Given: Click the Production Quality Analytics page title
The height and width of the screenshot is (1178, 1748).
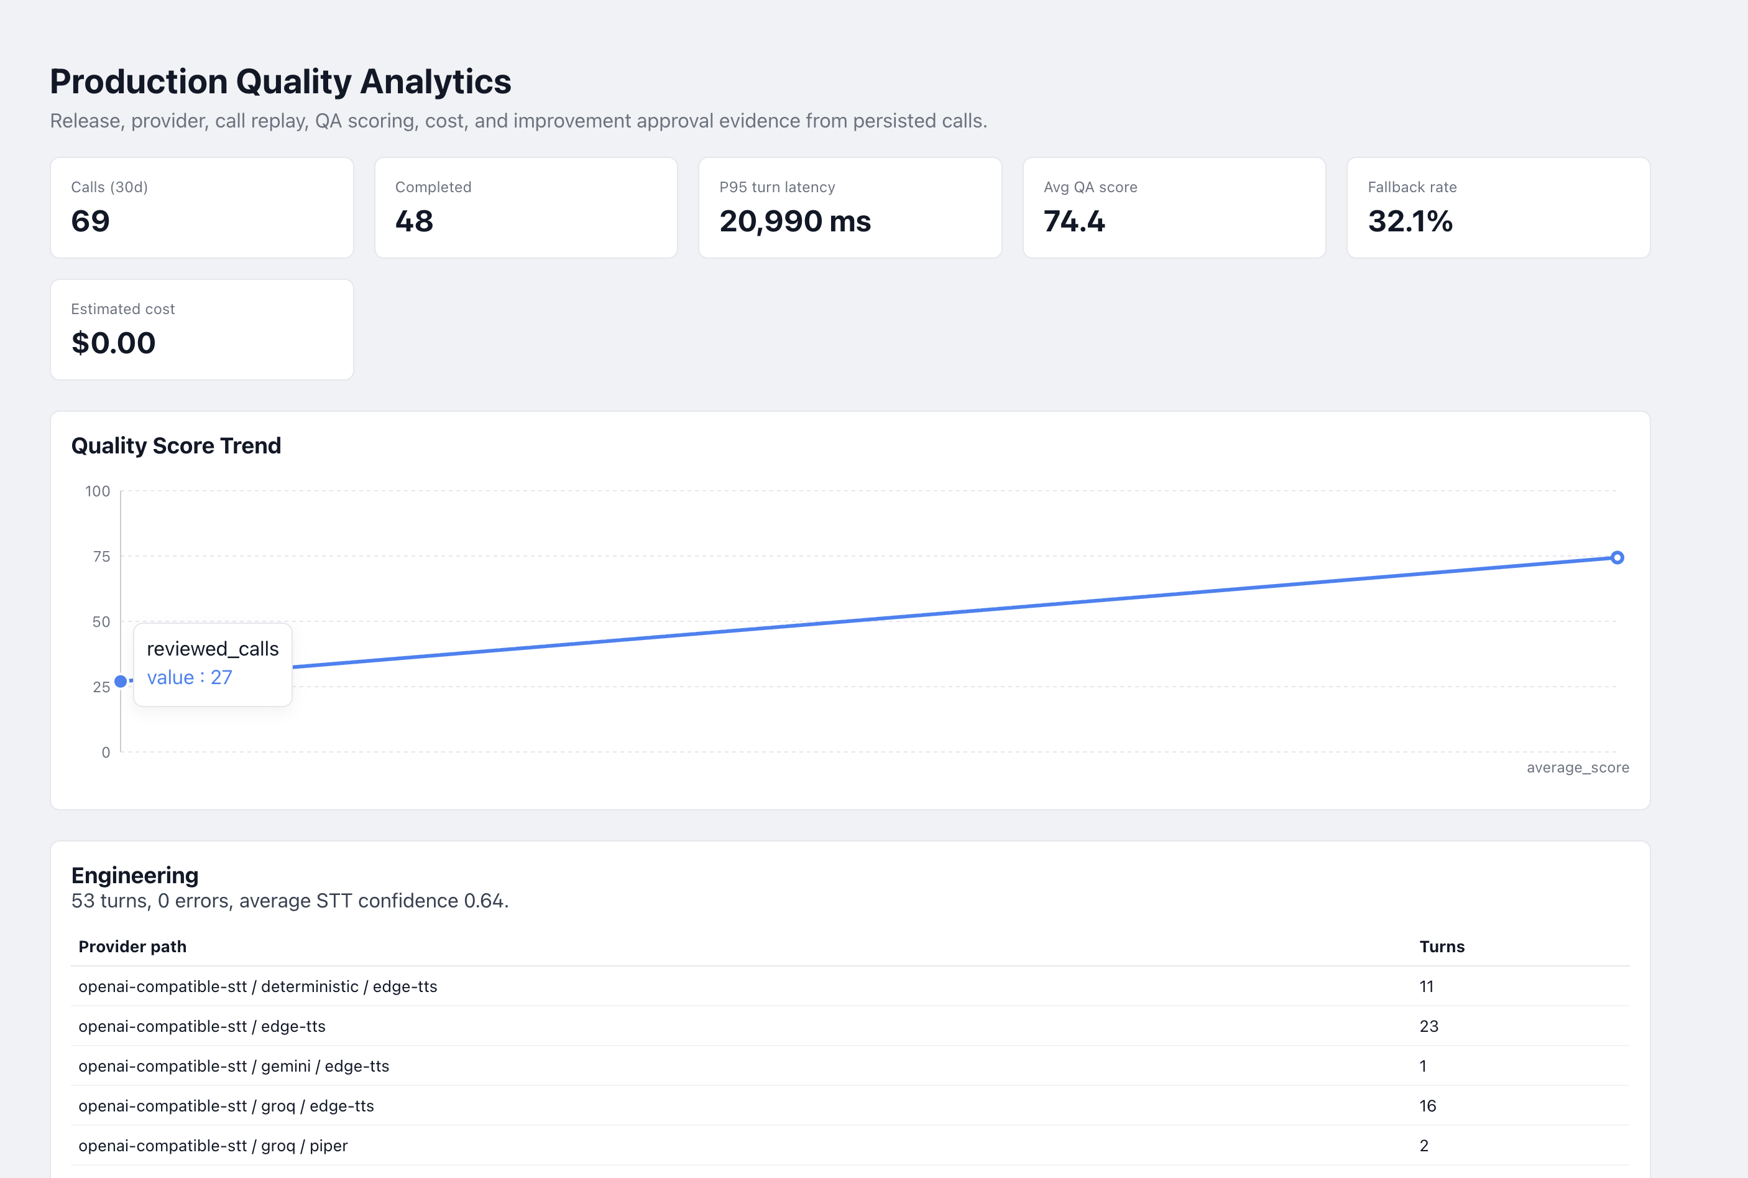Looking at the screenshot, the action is (x=280, y=81).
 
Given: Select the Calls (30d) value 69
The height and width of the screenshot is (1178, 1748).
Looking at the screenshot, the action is (x=90, y=221).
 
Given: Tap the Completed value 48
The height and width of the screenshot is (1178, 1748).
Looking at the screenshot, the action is (x=415, y=221).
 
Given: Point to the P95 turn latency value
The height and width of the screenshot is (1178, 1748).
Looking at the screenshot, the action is (x=795, y=221).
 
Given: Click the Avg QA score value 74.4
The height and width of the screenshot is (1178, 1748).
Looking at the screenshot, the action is (x=1074, y=221).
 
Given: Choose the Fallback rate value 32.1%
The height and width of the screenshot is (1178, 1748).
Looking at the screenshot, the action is (x=1410, y=221).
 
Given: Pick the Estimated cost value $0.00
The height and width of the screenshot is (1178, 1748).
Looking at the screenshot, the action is (x=113, y=343).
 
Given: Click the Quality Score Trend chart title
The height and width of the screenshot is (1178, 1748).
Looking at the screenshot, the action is (x=177, y=445).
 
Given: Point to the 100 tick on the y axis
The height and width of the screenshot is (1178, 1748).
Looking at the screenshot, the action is (x=98, y=491).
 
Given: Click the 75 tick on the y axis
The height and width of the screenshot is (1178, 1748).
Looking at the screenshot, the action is (x=101, y=557).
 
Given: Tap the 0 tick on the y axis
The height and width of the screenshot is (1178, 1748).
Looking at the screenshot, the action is (x=106, y=752).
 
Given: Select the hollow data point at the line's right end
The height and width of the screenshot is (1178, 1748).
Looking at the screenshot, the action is (x=1617, y=557).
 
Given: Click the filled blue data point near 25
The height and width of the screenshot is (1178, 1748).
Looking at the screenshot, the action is (x=120, y=682).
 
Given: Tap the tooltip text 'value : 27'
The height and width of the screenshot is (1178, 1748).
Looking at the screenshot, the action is (x=189, y=678).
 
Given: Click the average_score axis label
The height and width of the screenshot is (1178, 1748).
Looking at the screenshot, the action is (x=1578, y=767).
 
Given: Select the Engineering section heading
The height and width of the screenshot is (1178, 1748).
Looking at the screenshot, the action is (x=135, y=875).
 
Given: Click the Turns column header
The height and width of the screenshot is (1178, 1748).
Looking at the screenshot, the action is (x=1442, y=947).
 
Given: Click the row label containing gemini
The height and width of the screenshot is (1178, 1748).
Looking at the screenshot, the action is (x=234, y=1066).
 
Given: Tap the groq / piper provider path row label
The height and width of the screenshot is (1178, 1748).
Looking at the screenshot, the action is (x=213, y=1146).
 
